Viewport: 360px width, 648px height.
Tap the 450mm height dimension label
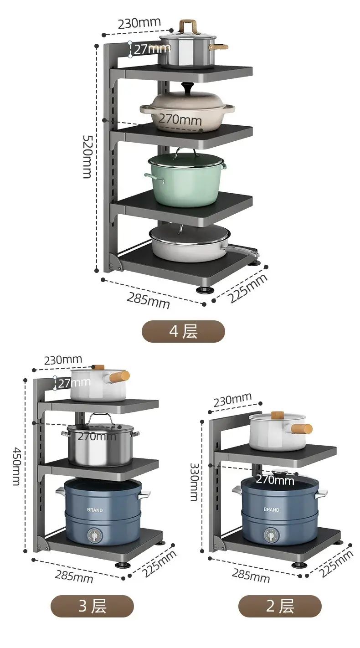tap(16, 467)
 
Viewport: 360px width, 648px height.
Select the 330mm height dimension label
tap(194, 482)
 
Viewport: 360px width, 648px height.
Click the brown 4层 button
tap(183, 332)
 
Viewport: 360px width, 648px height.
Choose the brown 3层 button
tap(92, 606)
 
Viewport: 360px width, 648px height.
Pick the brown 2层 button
tap(280, 606)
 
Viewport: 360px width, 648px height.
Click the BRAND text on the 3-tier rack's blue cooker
tap(95, 510)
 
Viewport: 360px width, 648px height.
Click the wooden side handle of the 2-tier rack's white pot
tap(301, 428)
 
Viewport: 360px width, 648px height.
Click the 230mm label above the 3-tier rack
tap(63, 360)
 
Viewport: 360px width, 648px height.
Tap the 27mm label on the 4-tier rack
tap(152, 49)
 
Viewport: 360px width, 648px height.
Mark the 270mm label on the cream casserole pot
tap(180, 119)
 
